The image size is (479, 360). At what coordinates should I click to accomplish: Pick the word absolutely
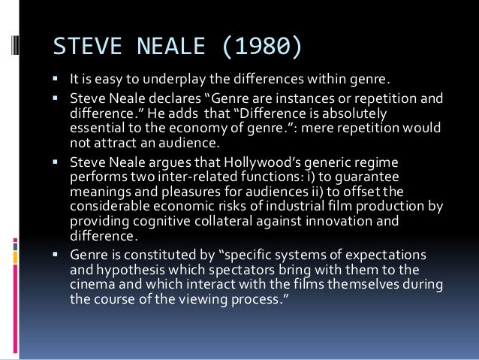[x=353, y=112]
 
